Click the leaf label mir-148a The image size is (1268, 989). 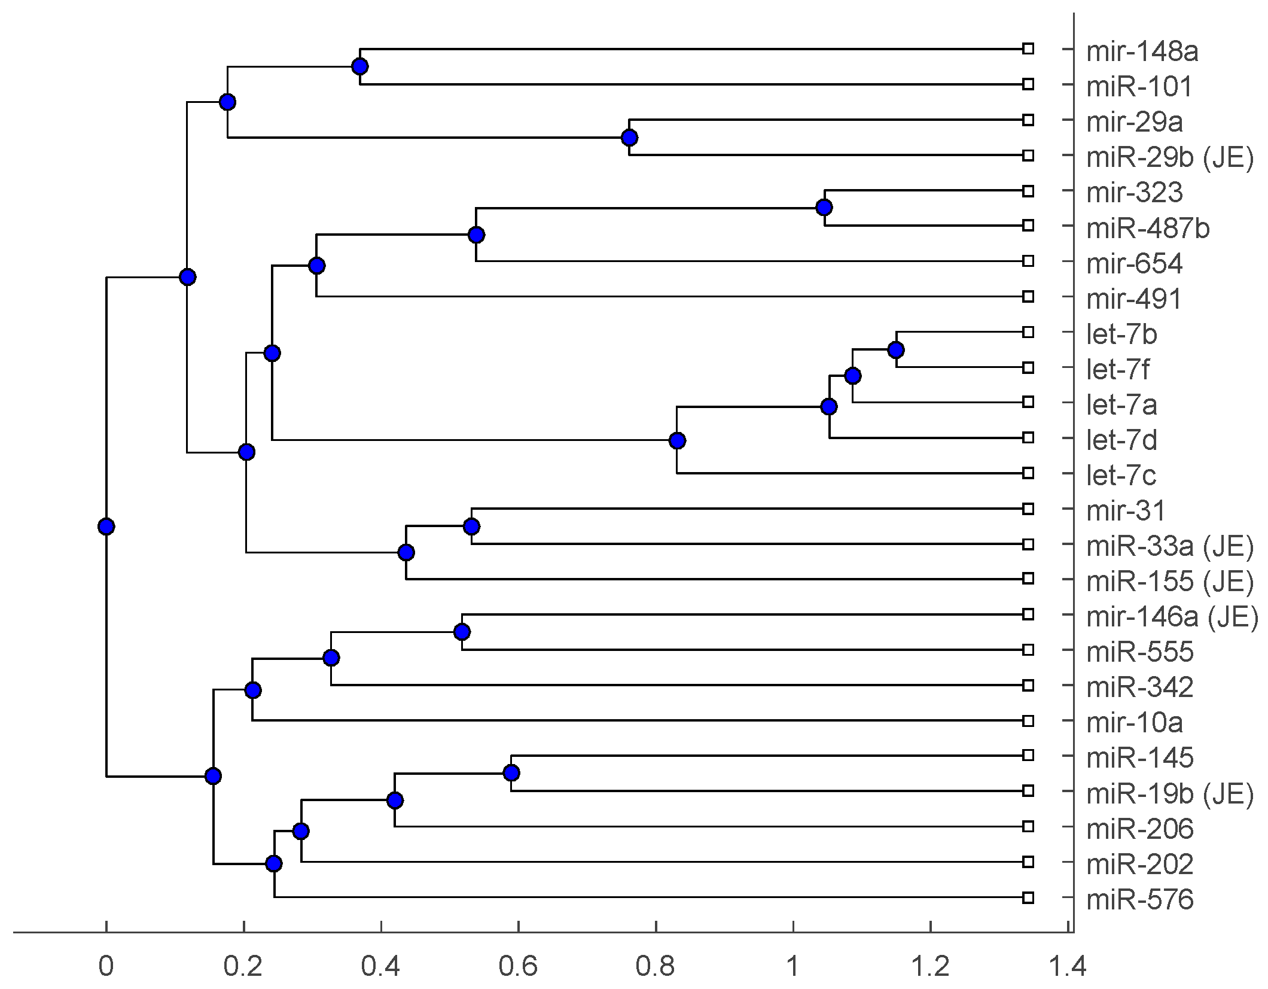tap(1142, 51)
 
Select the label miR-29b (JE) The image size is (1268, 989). tap(1169, 157)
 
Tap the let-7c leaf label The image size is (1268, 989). tap(1121, 476)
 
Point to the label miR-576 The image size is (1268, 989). tap(1139, 900)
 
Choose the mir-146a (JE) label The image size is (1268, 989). tap(1172, 617)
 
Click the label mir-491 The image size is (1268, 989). tap(1134, 299)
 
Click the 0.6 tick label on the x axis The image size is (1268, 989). tap(518, 966)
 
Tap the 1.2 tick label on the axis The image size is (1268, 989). tap(930, 966)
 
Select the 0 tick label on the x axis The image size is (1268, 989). tap(106, 966)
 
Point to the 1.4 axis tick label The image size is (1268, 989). tap(1068, 966)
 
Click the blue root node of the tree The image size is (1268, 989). tap(106, 527)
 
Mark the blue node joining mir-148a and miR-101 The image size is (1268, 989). tap(359, 66)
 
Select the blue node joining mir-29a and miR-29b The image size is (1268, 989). tap(629, 138)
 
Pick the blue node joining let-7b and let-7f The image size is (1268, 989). tap(895, 350)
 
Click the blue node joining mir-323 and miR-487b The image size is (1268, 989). tap(824, 208)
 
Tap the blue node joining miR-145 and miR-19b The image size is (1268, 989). tap(511, 773)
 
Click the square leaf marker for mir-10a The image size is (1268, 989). tap(1028, 721)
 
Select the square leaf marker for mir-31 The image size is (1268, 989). tap(1028, 509)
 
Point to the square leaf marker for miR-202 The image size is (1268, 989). tap(1028, 862)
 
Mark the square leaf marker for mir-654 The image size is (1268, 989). tap(1028, 261)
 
